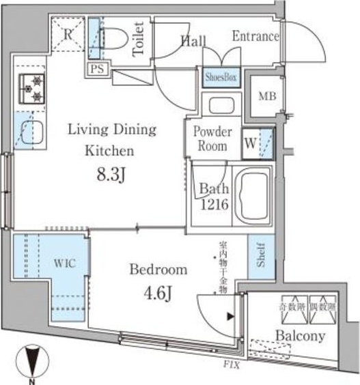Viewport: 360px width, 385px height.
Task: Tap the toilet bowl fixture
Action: click(x=117, y=40)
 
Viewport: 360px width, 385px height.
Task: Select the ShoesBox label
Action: click(x=221, y=78)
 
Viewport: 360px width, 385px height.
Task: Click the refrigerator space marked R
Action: click(x=70, y=34)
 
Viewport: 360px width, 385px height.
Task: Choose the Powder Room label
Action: click(x=212, y=139)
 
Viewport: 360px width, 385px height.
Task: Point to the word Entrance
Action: click(x=255, y=36)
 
